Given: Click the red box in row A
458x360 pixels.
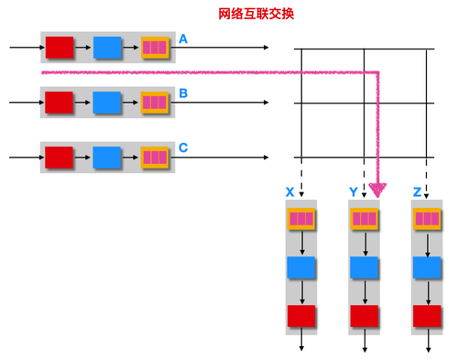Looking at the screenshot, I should [60, 47].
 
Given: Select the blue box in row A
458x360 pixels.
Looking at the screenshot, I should [107, 47].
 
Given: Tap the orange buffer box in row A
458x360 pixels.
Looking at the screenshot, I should [155, 47].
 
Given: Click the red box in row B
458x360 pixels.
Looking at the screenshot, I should [60, 102].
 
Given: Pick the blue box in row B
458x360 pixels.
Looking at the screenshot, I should [107, 102].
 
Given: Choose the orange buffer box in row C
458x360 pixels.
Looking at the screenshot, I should [155, 157].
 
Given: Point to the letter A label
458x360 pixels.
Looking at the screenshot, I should [183, 39].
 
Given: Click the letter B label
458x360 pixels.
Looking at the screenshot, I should [183, 93].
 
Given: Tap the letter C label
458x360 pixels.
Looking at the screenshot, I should [183, 147].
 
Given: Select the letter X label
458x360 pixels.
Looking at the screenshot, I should [289, 192].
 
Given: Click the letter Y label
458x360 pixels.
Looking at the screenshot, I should [353, 192].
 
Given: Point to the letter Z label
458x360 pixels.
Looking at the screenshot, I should [417, 192].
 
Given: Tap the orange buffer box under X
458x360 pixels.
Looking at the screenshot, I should [301, 220].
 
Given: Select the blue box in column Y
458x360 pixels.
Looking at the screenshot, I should [365, 267].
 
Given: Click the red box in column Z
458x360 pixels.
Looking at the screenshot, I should [428, 316].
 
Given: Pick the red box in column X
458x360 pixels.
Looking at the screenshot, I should [301, 316].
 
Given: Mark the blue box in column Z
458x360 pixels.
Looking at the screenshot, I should [428, 267].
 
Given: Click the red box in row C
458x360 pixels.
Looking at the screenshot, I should [60, 157].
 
